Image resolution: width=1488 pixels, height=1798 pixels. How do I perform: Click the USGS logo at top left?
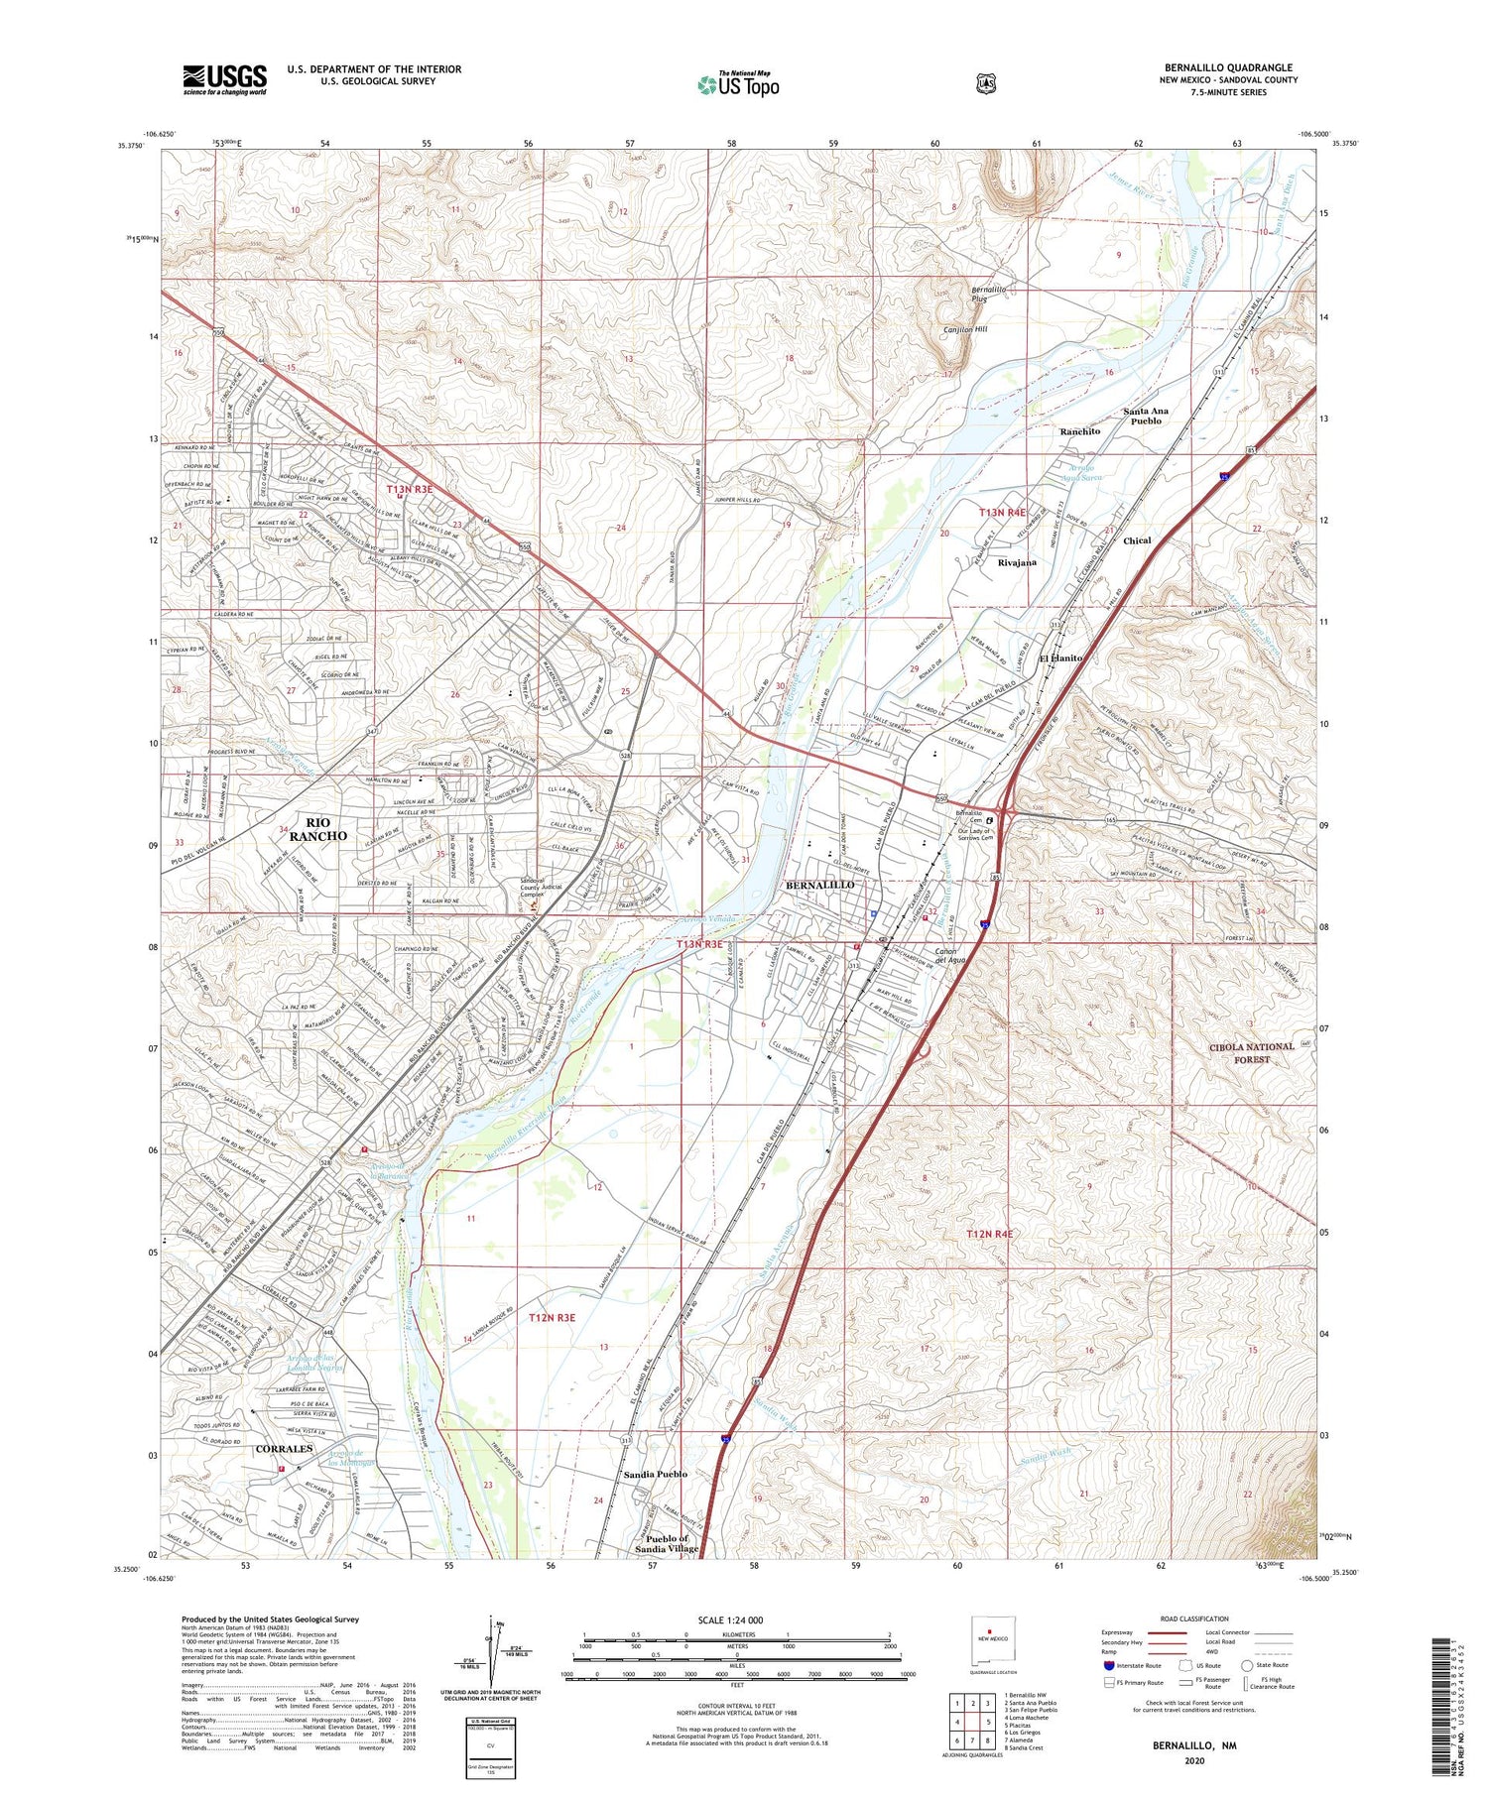[224, 79]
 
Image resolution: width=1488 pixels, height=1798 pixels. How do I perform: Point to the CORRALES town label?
[284, 1449]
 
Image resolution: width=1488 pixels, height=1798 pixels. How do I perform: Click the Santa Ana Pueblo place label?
[1145, 416]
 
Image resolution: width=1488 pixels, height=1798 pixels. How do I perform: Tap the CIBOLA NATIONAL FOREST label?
[1252, 1053]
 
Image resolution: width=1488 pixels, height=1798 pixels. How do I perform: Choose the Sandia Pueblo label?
[655, 1475]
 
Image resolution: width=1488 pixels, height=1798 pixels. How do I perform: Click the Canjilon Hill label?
[964, 329]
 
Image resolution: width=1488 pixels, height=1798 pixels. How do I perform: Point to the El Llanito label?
[1060, 658]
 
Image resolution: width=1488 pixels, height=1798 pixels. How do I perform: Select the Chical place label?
[1137, 540]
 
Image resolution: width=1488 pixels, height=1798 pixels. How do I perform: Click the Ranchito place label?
[1079, 431]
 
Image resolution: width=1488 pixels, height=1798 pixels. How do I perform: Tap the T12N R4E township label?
[990, 1234]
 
